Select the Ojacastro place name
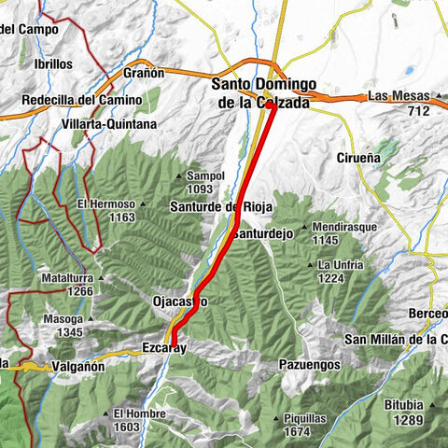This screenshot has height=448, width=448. tap(179, 301)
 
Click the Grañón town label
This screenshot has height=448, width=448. tap(144, 73)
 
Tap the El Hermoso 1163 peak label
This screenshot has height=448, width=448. tap(106, 210)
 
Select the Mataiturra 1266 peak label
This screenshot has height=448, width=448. tap(71, 284)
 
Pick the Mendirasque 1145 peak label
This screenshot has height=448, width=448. tap(343, 232)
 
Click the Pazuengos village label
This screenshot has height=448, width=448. tap(310, 365)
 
